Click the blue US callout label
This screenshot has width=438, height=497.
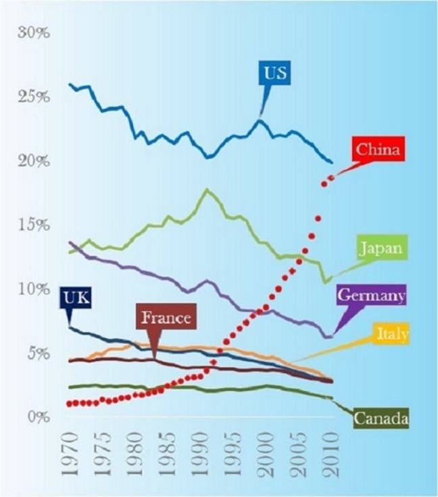coord(276,73)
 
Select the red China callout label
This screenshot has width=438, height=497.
coord(379,149)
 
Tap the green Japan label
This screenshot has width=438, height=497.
coord(382,247)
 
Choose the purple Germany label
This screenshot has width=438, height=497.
coord(371,295)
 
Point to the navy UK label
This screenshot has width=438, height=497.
coord(76,297)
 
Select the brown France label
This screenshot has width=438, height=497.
coord(166,317)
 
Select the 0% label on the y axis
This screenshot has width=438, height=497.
coord(38,417)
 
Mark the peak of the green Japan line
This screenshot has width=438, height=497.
coord(205,190)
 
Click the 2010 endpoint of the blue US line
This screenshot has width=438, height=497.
coord(331,162)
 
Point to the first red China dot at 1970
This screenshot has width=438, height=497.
coord(69,404)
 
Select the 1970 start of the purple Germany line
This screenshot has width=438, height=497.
coord(70,242)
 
